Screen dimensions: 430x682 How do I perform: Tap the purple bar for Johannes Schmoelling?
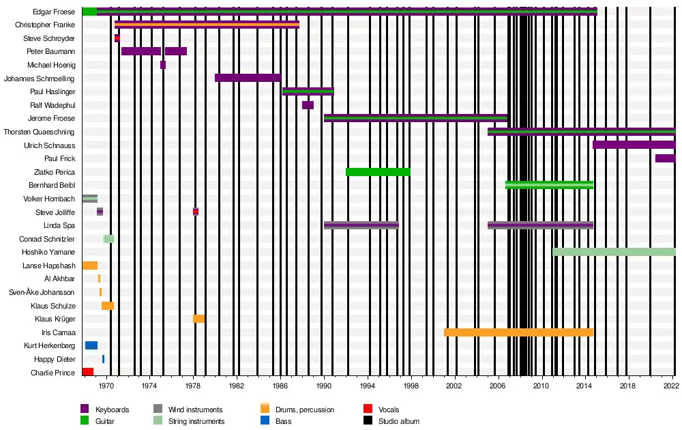click(x=247, y=78)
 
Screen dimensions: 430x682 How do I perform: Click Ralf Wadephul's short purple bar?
click(x=308, y=105)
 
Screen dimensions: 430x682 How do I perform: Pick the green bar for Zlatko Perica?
click(x=378, y=172)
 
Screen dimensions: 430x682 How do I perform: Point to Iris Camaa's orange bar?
click(x=518, y=332)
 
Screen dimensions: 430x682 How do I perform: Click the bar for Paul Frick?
click(x=665, y=158)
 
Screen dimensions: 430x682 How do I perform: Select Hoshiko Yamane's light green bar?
click(x=614, y=252)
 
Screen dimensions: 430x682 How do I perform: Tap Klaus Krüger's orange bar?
click(x=198, y=319)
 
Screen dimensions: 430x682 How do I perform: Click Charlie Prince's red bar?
click(x=88, y=372)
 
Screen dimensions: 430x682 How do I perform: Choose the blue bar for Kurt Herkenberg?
click(x=91, y=345)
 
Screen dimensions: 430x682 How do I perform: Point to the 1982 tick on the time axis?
click(x=237, y=386)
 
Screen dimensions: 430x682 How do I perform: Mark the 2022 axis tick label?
click(x=672, y=386)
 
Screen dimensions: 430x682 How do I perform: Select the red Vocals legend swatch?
click(x=368, y=410)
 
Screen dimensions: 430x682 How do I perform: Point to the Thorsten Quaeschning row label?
click(x=40, y=132)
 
